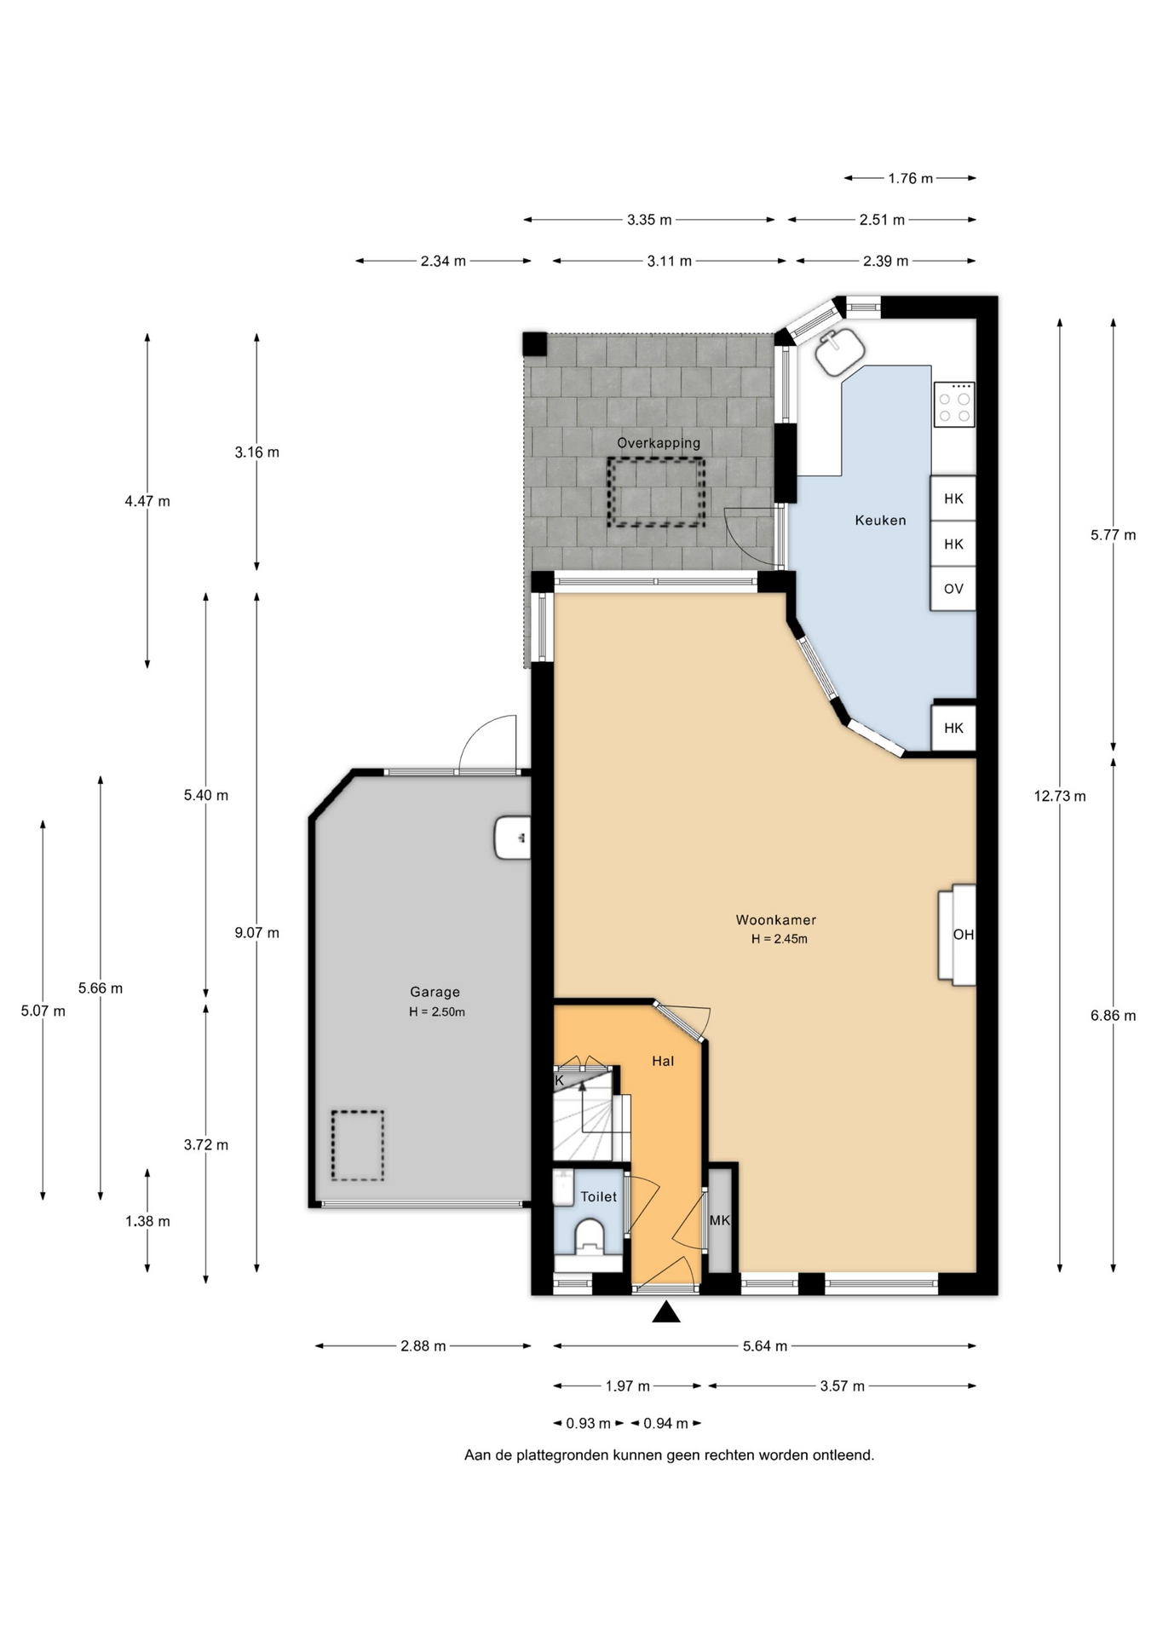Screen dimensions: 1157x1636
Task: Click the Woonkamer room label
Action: click(775, 919)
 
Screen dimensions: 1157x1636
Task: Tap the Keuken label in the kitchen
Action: click(880, 520)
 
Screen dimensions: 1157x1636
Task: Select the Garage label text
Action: click(435, 992)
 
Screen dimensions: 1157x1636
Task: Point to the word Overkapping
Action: click(659, 443)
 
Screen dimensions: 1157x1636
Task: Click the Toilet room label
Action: click(598, 1196)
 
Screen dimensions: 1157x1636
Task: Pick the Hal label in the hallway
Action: click(663, 1061)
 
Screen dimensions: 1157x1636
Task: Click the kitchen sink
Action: click(840, 350)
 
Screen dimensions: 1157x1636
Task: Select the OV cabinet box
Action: click(953, 589)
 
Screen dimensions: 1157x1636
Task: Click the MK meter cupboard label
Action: click(720, 1220)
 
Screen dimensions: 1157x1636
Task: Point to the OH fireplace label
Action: click(963, 935)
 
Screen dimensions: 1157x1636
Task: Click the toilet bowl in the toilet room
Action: click(590, 1236)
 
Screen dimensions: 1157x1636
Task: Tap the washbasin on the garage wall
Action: click(512, 838)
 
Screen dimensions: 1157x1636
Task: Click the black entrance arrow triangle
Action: click(666, 1312)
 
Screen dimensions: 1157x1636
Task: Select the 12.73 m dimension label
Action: click(1060, 796)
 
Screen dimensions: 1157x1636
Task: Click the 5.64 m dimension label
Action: click(764, 1346)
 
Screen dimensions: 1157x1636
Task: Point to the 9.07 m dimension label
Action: click(257, 933)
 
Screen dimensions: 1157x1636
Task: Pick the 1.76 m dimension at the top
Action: click(911, 178)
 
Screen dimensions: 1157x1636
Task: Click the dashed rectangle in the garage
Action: click(358, 1145)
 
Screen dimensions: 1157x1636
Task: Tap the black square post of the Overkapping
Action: click(535, 344)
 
